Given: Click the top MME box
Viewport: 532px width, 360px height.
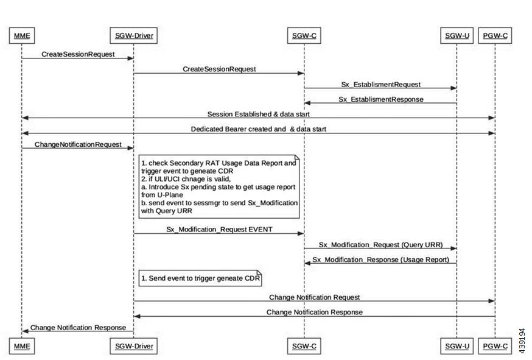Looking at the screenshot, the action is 22,36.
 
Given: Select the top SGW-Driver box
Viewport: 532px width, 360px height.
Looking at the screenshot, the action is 134,36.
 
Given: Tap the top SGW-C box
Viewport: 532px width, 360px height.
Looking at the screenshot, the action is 304,36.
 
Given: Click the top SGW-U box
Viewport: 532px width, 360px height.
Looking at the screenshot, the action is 457,36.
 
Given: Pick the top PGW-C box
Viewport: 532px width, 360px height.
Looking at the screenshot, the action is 495,36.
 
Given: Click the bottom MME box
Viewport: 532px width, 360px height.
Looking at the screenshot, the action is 22,346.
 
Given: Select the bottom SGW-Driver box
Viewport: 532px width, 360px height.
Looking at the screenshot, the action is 134,346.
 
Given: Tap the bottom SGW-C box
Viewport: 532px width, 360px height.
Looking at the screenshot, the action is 304,346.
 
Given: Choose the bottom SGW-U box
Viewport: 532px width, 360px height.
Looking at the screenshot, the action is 457,346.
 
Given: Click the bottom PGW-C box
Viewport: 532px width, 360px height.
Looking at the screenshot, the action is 495,346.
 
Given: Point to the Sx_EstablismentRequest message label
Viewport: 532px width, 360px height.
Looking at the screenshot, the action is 380,84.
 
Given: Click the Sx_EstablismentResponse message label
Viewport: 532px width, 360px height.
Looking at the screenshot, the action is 380,99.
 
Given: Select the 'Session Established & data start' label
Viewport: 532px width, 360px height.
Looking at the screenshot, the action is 259,114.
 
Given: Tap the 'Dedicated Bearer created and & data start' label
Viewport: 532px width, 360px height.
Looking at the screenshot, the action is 259,129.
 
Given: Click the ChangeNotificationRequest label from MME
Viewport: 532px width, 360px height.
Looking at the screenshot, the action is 78,144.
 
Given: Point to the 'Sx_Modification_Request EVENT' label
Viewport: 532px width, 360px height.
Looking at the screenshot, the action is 219,229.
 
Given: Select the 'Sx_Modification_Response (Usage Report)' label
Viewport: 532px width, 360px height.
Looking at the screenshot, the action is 380,259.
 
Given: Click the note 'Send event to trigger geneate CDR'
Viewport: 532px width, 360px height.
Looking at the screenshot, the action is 200,278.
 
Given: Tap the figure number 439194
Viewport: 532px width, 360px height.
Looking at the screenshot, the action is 522,341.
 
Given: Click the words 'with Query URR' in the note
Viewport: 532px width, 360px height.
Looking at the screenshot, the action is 167,211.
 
